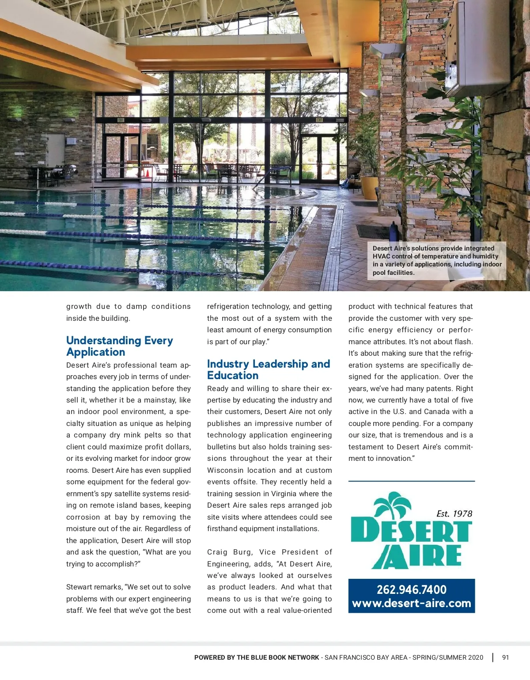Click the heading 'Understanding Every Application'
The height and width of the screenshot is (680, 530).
tap(119, 346)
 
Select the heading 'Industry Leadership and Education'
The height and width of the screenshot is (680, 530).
tap(269, 369)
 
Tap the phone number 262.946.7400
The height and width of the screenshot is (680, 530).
tap(411, 589)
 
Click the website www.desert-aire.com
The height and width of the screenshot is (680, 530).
tap(411, 603)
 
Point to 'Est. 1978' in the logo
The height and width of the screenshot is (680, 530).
tap(454, 513)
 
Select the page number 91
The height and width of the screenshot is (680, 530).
tap(505, 657)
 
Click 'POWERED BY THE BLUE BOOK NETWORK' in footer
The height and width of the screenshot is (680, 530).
tap(257, 657)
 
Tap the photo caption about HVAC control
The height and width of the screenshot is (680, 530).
tap(437, 260)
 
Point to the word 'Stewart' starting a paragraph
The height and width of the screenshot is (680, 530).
tap(78, 587)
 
